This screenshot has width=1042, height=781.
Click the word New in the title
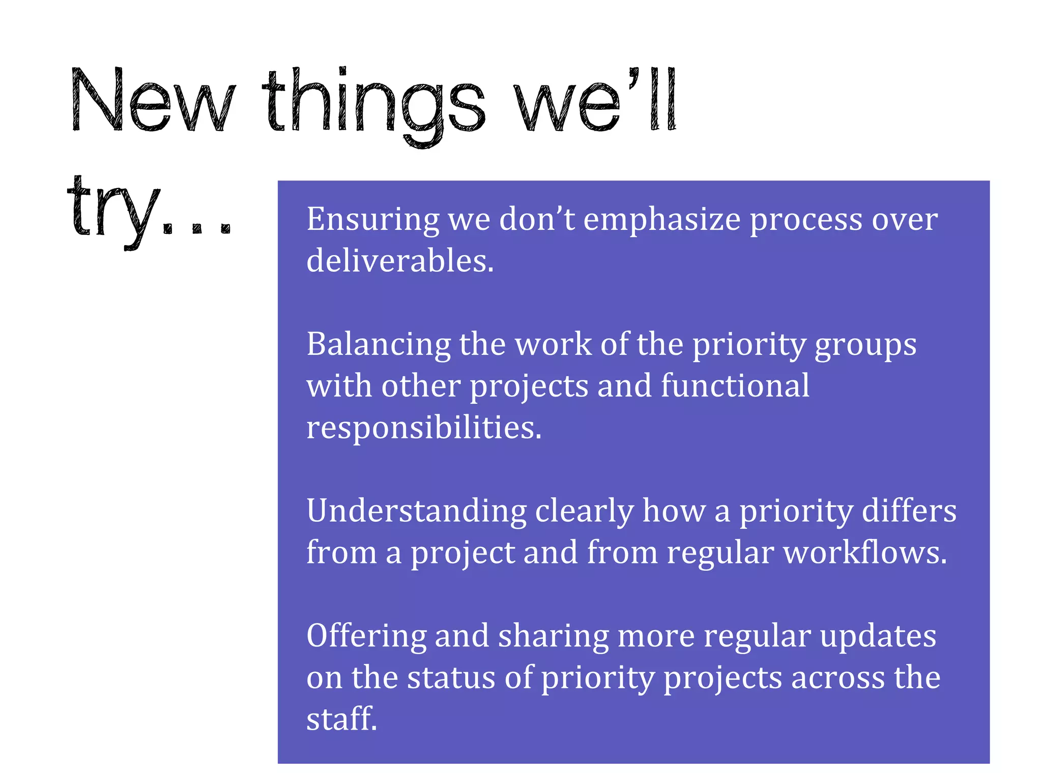(x=153, y=100)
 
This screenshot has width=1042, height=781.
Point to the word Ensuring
(x=372, y=220)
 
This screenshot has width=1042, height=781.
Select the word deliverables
(x=400, y=261)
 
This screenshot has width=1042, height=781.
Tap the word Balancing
(x=379, y=344)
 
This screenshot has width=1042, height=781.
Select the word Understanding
(x=416, y=510)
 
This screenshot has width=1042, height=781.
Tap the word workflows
(x=865, y=552)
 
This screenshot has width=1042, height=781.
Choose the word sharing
(x=553, y=636)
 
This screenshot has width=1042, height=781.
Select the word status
(x=451, y=677)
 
